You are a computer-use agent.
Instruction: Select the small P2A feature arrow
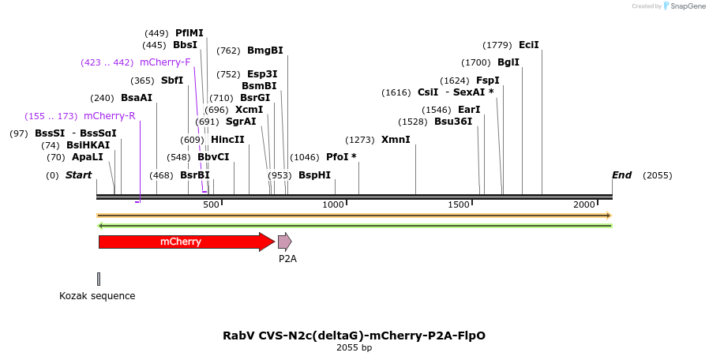[284, 242]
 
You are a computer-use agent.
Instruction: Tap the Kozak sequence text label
[97, 296]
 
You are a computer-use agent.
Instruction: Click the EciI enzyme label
[528, 45]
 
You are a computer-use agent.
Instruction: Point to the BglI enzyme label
[508, 62]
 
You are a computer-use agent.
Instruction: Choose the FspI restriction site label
[487, 81]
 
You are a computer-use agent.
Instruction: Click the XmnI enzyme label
[396, 140]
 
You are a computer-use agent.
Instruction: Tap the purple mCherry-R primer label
[109, 116]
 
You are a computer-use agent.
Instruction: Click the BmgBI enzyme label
[264, 51]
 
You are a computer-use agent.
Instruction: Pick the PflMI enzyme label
[189, 33]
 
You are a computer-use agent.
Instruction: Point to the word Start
[78, 174]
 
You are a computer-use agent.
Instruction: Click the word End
[621, 174]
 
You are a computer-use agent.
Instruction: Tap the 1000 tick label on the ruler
[334, 204]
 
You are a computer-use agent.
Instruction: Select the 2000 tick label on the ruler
[584, 204]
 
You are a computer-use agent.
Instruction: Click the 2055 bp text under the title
[354, 347]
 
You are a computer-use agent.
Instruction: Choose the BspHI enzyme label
[314, 174]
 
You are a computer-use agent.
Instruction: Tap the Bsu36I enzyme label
[452, 122]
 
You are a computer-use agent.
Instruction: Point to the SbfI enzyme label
[171, 81]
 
